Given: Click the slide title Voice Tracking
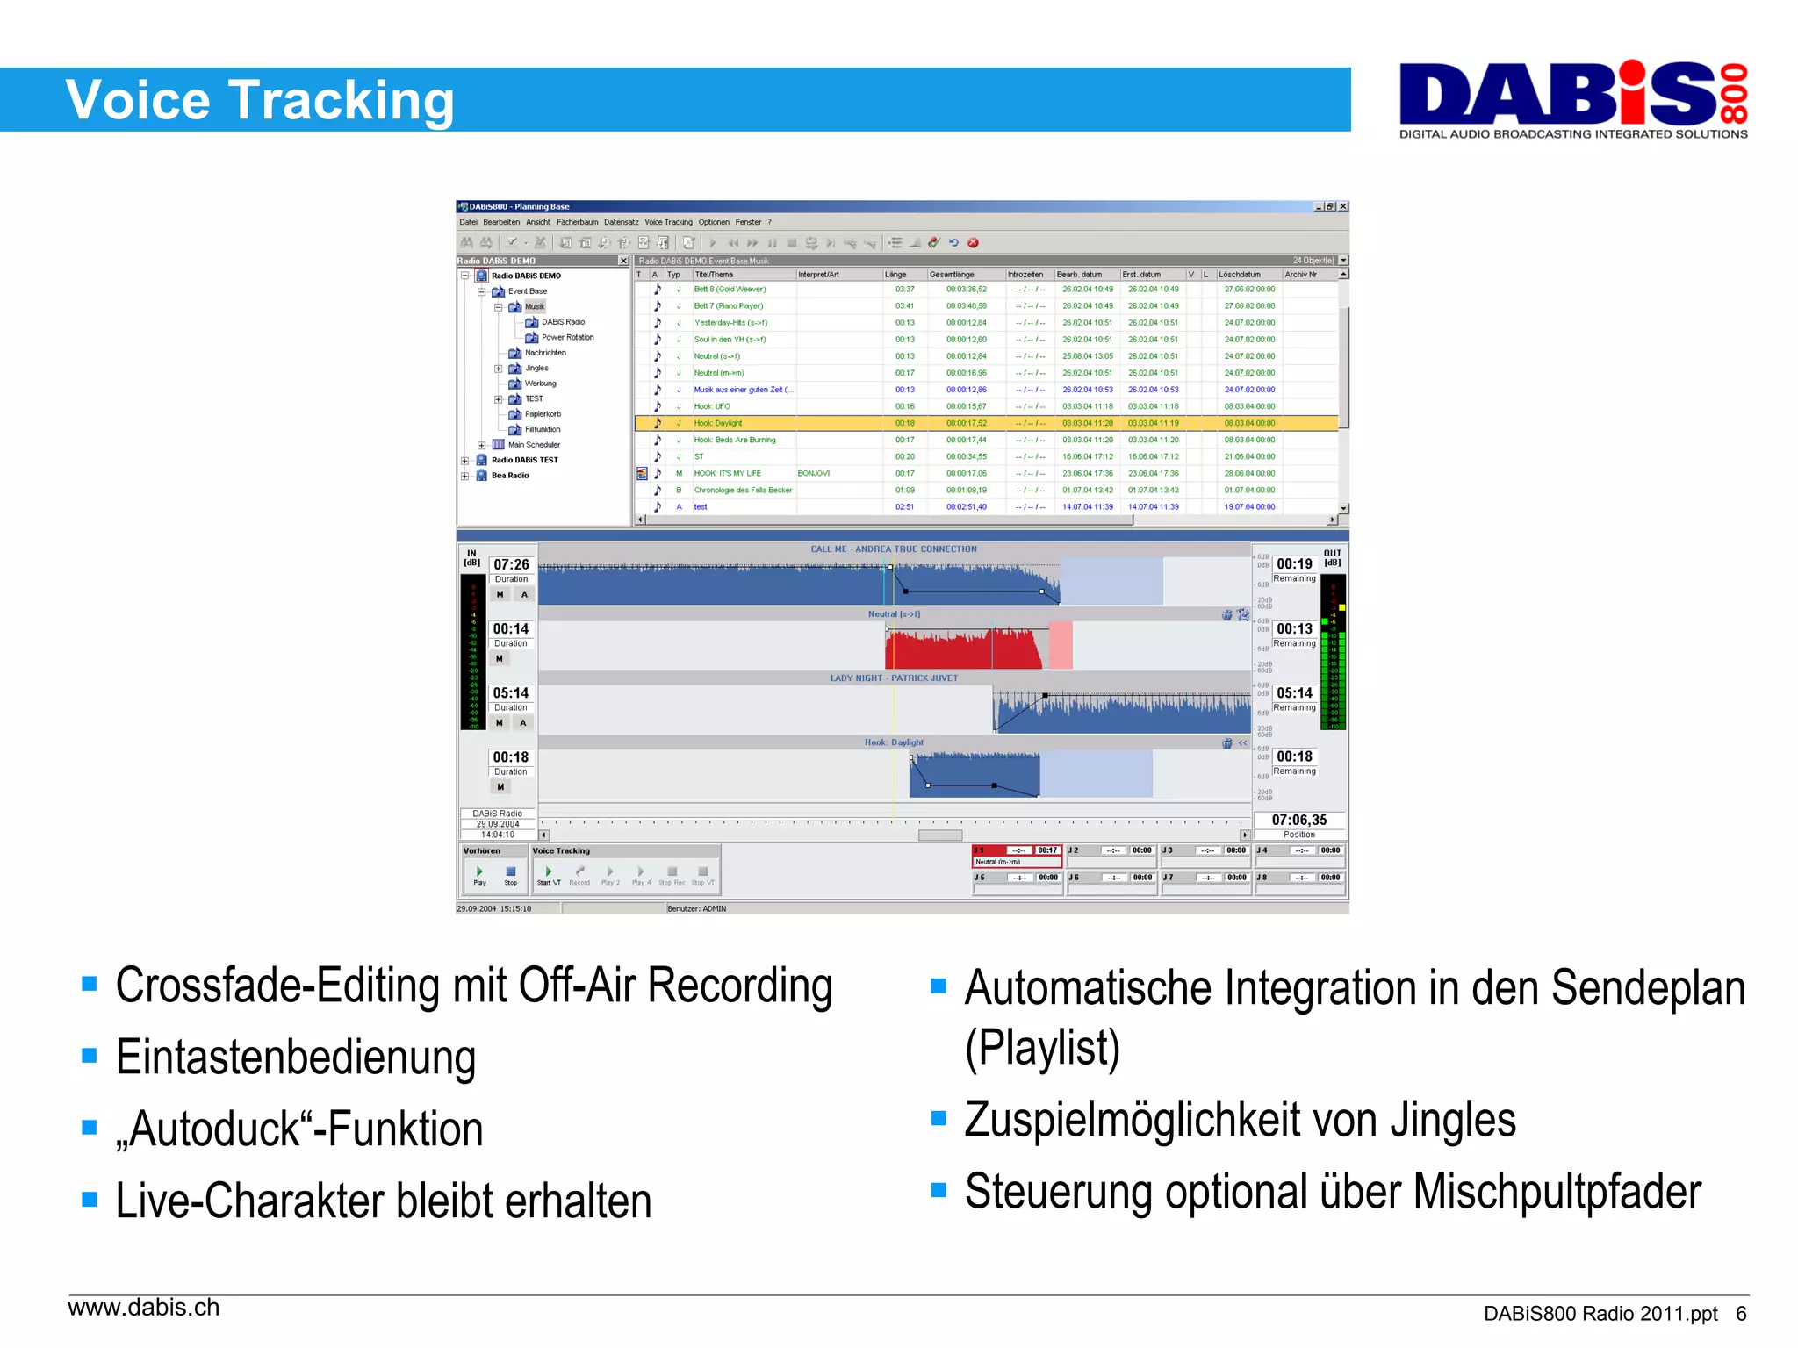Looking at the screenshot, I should click(x=259, y=100).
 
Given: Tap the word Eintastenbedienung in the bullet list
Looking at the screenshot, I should click(x=295, y=1057).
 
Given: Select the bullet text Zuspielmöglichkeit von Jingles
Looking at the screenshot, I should click(x=1239, y=1120).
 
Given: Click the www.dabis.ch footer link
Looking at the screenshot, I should click(x=144, y=1308).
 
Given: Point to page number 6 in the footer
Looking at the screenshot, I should click(x=1740, y=1314).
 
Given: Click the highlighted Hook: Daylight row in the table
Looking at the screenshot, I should click(x=717, y=423).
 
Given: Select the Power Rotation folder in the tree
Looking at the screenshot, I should click(x=567, y=337).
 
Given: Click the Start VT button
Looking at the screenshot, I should click(x=549, y=874).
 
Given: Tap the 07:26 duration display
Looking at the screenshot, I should click(x=511, y=564).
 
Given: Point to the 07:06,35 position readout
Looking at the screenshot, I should click(x=1298, y=821).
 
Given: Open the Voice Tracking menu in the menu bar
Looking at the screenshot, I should click(x=668, y=222).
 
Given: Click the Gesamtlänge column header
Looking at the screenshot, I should click(x=952, y=275).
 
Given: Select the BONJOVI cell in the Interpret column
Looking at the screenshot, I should click(x=813, y=473).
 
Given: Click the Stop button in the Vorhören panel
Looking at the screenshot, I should click(x=510, y=874).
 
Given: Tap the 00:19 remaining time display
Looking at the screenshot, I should click(x=1294, y=564).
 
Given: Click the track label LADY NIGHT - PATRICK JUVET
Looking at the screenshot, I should click(x=894, y=678).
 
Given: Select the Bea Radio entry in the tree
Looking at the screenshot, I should click(x=509, y=476).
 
